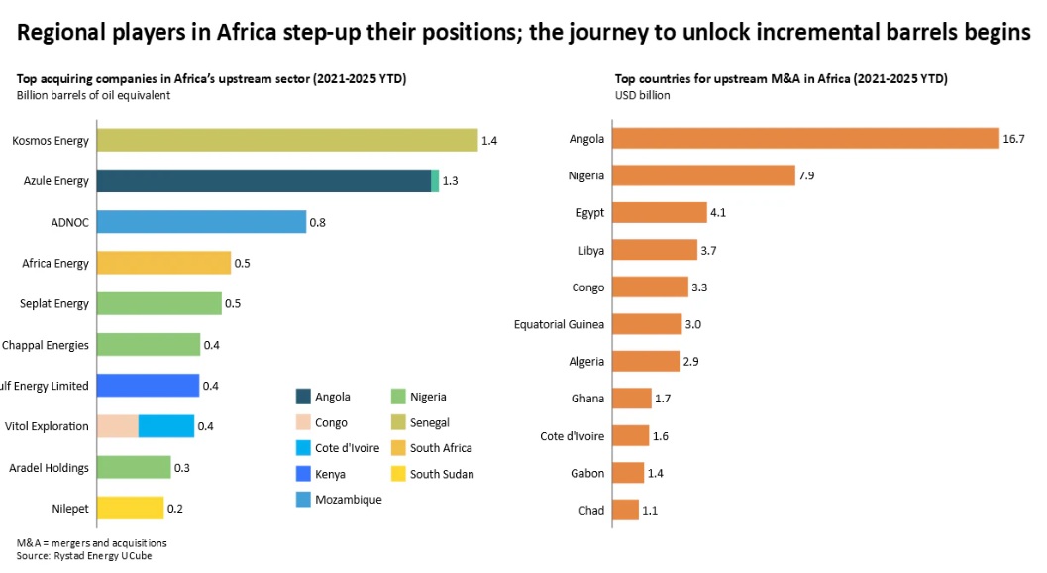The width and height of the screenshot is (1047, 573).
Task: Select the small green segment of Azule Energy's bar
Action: [435, 181]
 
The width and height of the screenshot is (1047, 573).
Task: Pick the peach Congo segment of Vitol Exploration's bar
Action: [118, 426]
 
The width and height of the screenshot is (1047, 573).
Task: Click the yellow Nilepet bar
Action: [130, 509]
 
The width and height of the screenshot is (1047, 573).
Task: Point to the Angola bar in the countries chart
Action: [805, 139]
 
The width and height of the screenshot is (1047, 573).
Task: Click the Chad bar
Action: [625, 511]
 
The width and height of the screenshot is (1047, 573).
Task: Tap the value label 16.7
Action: [1013, 139]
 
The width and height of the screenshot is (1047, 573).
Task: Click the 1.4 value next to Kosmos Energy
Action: [489, 141]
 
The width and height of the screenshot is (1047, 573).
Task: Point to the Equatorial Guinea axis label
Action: [559, 324]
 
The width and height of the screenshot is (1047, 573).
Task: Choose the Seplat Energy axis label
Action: [54, 304]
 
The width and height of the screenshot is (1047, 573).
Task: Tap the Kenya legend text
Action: [330, 474]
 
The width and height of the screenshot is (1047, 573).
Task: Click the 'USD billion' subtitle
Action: [642, 96]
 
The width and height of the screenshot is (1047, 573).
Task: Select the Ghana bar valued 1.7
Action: [631, 399]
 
